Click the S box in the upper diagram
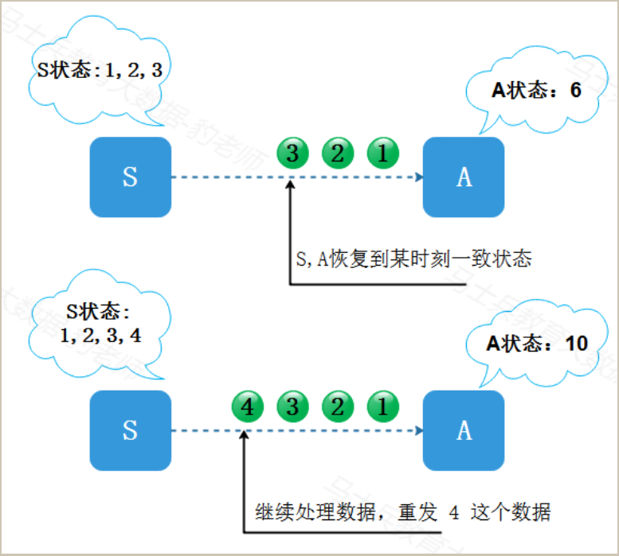pyautogui.click(x=130, y=177)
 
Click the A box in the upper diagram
pyautogui.click(x=464, y=177)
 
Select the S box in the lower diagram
pyautogui.click(x=130, y=430)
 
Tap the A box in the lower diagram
pyautogui.click(x=464, y=430)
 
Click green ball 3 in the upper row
pyautogui.click(x=292, y=153)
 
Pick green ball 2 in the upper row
pyautogui.click(x=337, y=153)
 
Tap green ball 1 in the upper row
pyautogui.click(x=382, y=153)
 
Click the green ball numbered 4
pyautogui.click(x=247, y=407)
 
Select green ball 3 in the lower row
pyautogui.click(x=292, y=407)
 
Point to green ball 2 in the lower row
pyautogui.click(x=337, y=407)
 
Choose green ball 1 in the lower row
pyautogui.click(x=382, y=407)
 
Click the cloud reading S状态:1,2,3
pyautogui.click(x=100, y=70)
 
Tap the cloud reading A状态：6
pyautogui.click(x=535, y=91)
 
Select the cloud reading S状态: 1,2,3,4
pyautogui.click(x=100, y=322)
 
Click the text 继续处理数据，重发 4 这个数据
pyautogui.click(x=402, y=511)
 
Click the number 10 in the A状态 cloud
pyautogui.click(x=576, y=344)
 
